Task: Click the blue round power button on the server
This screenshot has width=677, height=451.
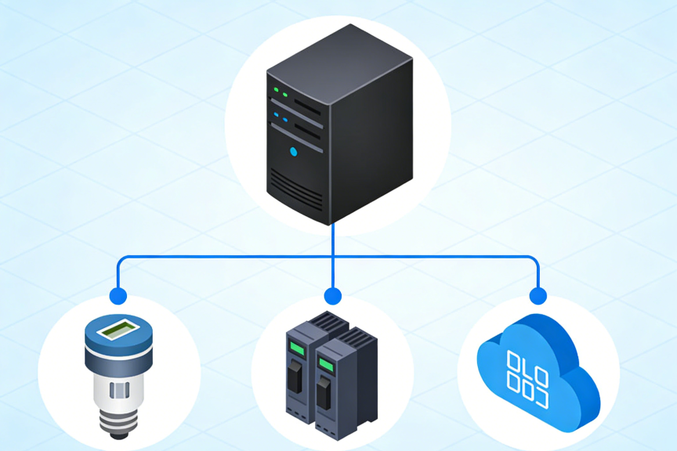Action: click(294, 151)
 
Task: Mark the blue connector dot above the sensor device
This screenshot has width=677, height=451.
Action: click(118, 296)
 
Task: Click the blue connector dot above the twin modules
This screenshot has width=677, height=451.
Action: click(333, 296)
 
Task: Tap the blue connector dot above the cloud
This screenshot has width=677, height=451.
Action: click(538, 296)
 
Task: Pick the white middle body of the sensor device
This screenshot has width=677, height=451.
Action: click(118, 388)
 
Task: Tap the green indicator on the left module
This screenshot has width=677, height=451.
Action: click(296, 348)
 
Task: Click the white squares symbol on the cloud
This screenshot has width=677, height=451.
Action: click(527, 372)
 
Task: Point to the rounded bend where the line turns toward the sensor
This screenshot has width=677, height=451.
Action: click(121, 259)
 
